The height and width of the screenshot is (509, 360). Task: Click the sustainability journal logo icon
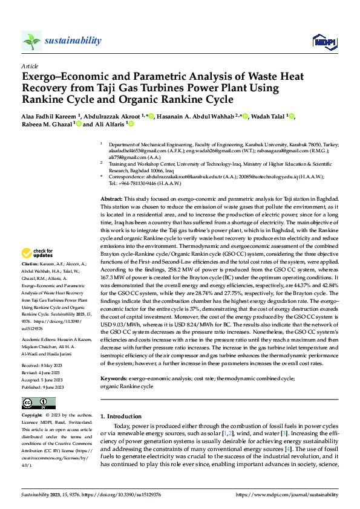point(31,41)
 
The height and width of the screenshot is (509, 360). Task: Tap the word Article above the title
point(29,65)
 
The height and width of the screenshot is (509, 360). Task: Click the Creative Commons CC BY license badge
point(38,403)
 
